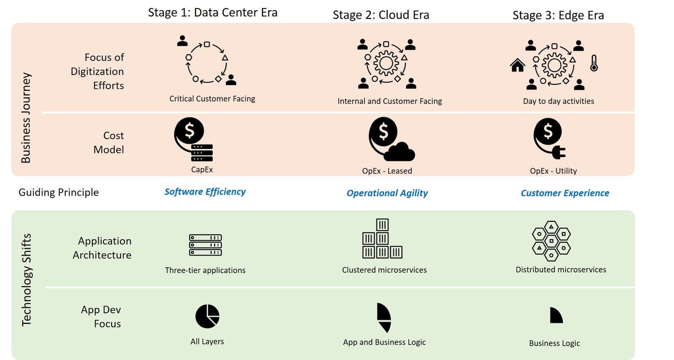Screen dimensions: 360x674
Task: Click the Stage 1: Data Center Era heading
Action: [212, 13]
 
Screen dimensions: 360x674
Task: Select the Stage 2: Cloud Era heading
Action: [381, 15]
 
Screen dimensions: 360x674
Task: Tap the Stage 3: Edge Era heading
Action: [558, 16]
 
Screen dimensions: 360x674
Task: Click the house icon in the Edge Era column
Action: [517, 65]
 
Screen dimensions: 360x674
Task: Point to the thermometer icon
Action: [594, 63]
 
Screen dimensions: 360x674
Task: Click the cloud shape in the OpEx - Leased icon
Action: [400, 152]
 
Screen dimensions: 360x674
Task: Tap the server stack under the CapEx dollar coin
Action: [202, 153]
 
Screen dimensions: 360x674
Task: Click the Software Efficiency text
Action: [205, 192]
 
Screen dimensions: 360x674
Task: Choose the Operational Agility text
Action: [387, 193]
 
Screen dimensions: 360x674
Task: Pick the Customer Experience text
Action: [564, 193]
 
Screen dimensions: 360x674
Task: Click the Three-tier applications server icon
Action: [205, 245]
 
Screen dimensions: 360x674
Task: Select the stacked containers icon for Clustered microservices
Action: [382, 239]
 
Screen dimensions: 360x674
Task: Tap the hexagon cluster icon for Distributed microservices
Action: [551, 241]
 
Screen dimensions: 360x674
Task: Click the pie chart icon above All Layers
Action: [207, 316]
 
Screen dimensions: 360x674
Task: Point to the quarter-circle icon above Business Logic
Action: [556, 315]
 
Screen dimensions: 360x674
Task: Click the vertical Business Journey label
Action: [26, 118]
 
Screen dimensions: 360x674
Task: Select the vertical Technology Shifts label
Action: [26, 280]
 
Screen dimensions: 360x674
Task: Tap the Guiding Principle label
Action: [59, 193]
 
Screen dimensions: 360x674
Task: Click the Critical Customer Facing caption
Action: [212, 99]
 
